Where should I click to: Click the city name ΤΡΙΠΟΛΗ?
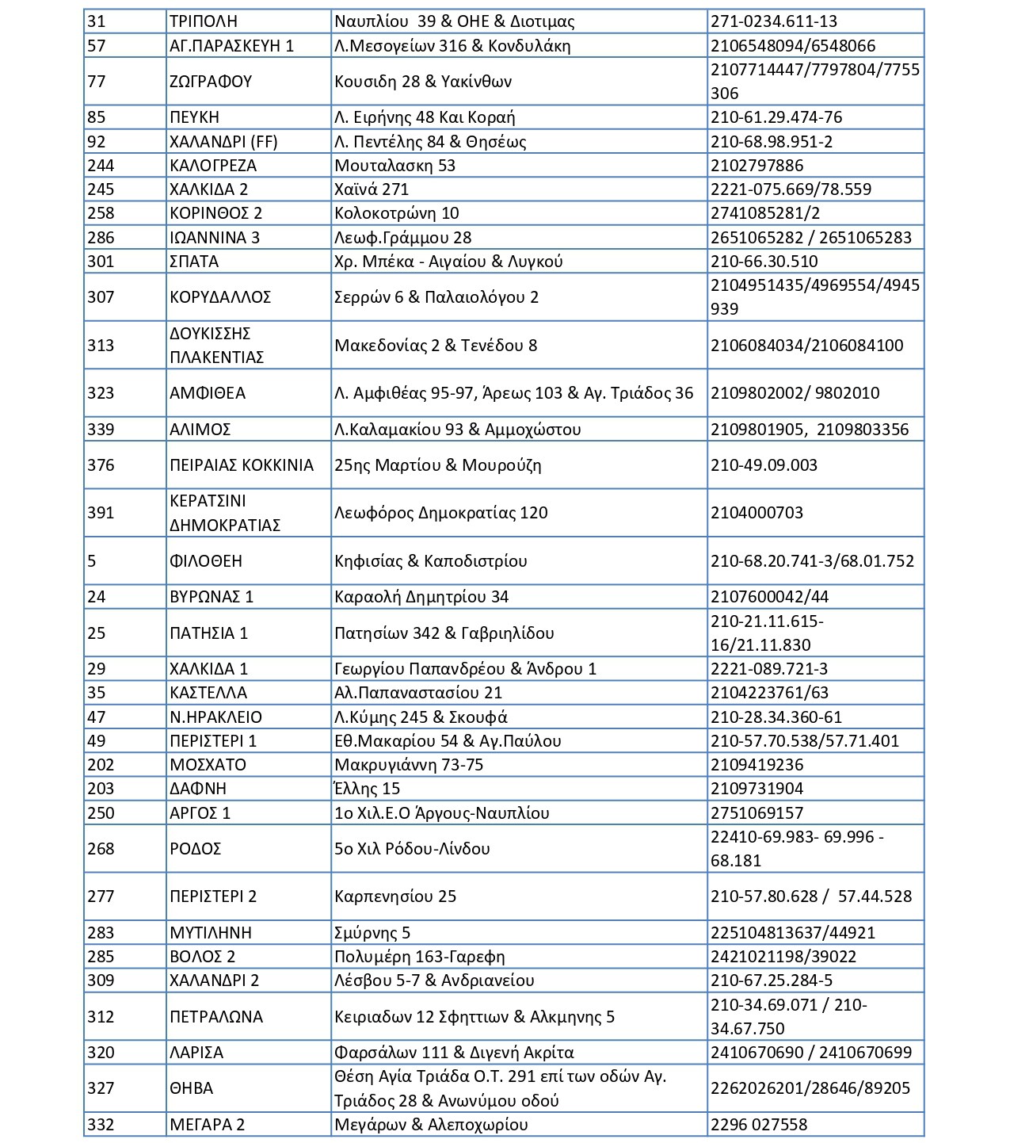tap(204, 21)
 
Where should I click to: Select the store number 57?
tap(96, 46)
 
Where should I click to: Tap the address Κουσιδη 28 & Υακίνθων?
tap(423, 82)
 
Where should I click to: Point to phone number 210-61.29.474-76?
tap(776, 117)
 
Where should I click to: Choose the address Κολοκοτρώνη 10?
tap(397, 213)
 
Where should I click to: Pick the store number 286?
tap(101, 238)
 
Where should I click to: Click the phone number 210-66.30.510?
tap(764, 262)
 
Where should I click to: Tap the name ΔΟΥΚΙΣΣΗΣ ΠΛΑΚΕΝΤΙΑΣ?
tap(216, 345)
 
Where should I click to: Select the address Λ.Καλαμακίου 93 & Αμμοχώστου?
tap(458, 430)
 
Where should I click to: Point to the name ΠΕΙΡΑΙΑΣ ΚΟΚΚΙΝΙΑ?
tap(242, 465)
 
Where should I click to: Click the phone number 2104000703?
tap(757, 513)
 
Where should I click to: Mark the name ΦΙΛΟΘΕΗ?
tap(206, 561)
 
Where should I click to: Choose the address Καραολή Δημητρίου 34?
tap(421, 597)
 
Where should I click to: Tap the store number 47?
tap(96, 717)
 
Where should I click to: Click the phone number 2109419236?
tap(757, 765)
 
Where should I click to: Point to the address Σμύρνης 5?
tap(372, 933)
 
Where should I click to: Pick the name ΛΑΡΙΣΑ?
tap(196, 1053)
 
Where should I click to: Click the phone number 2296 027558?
tap(759, 1125)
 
